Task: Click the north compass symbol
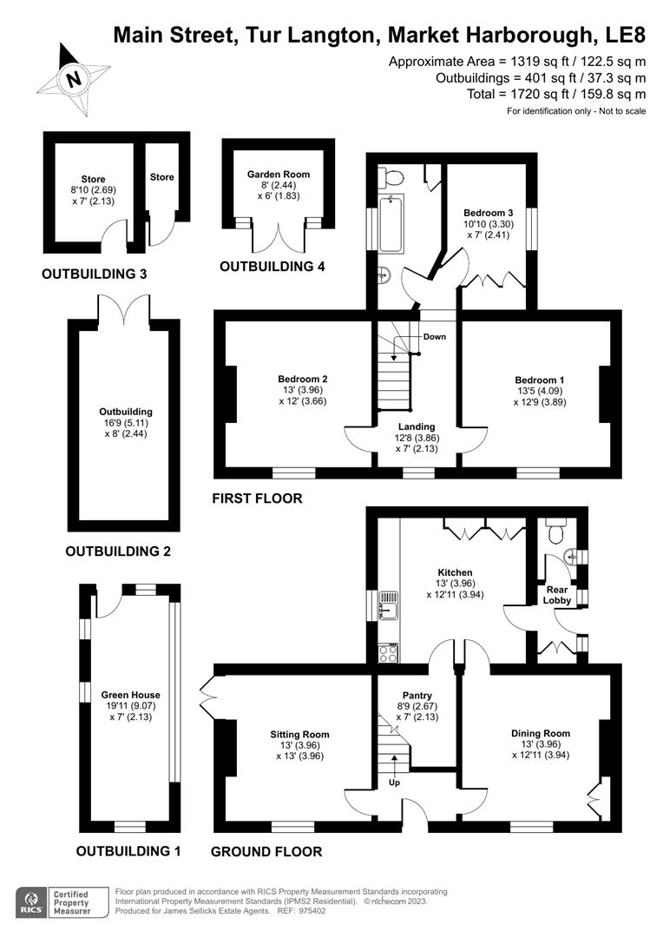(73, 78)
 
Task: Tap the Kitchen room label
(455, 572)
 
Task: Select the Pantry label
(417, 696)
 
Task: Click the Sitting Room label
(299, 734)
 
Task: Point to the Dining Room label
(540, 733)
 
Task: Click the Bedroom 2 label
(302, 380)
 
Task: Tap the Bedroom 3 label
(488, 213)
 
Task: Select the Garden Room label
(278, 174)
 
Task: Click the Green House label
(130, 695)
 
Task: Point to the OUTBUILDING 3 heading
(94, 274)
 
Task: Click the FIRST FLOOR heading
(258, 499)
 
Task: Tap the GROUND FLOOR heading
(266, 852)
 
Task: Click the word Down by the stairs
(434, 336)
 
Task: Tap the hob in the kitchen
(387, 651)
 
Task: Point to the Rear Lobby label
(556, 595)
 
